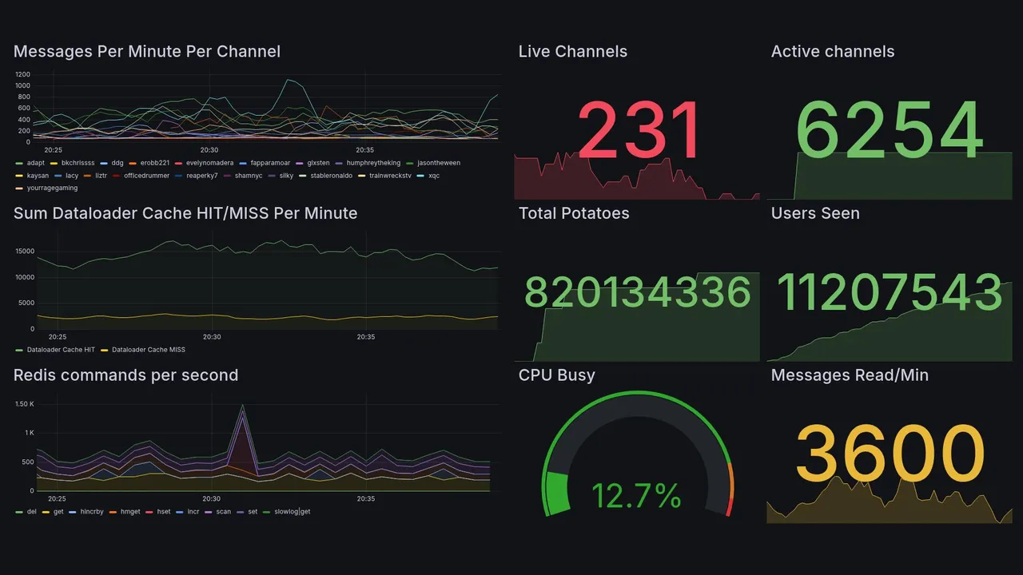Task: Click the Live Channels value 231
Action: click(x=639, y=132)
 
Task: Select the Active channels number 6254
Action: click(x=890, y=132)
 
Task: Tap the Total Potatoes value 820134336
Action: click(x=638, y=292)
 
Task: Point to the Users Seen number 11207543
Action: click(x=890, y=292)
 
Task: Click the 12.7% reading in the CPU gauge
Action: click(x=636, y=496)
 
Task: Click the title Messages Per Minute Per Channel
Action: click(x=147, y=52)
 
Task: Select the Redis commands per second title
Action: click(x=126, y=375)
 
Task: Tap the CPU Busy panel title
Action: click(x=556, y=375)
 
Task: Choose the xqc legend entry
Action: click(x=433, y=176)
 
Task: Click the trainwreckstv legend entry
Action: click(x=390, y=176)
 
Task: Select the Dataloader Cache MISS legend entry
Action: click(x=148, y=350)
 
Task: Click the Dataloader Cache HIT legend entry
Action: click(x=61, y=350)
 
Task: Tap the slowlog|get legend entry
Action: click(x=292, y=512)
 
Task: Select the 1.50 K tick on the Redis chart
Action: click(x=24, y=404)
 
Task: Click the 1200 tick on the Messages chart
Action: click(x=22, y=74)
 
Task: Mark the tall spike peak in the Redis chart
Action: click(x=242, y=406)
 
